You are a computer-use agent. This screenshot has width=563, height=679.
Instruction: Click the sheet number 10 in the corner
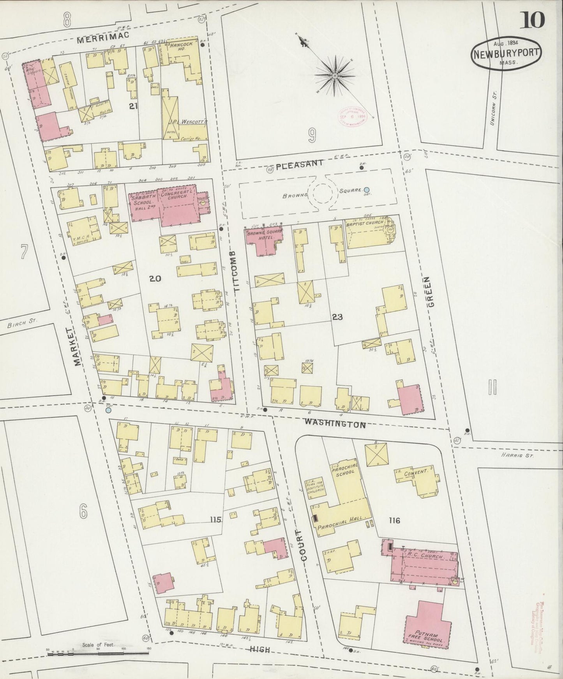tap(531, 19)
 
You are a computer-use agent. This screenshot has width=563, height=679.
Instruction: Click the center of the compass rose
tap(334, 75)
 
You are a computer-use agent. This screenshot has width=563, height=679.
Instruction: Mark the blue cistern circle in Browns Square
tap(367, 190)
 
